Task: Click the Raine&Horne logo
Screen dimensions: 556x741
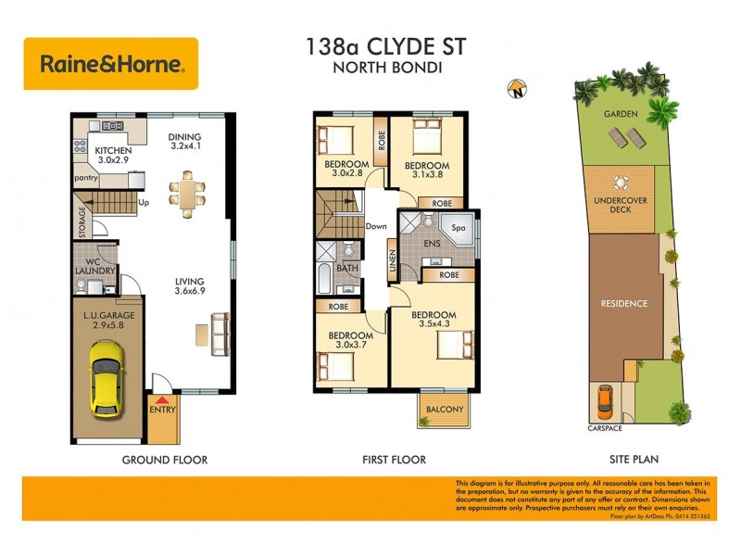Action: coord(111,63)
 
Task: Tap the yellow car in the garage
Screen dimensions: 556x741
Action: coord(107,379)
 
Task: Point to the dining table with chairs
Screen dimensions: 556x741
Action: coord(187,193)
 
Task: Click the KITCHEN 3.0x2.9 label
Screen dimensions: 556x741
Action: coord(113,155)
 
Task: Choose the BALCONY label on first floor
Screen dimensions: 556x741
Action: coord(439,410)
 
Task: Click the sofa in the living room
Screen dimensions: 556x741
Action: coord(220,333)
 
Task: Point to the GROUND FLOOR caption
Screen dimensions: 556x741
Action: coord(165,460)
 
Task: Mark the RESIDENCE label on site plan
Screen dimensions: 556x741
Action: coord(623,303)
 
